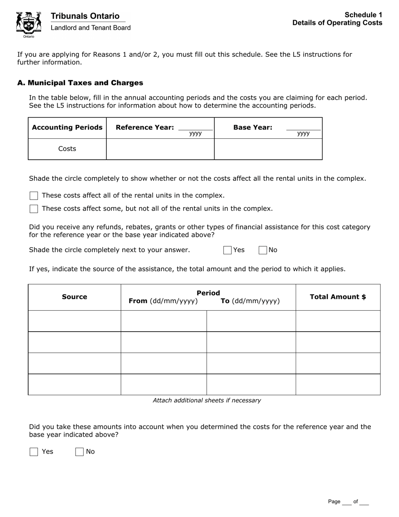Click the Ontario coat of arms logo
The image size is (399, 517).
[x=29, y=24]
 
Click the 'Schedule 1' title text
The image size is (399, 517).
[x=364, y=15]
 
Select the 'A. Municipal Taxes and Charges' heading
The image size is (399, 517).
[x=80, y=83]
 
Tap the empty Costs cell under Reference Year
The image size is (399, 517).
[x=160, y=149]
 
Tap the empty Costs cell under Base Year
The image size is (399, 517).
[x=268, y=149]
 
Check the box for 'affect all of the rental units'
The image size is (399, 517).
[x=34, y=196]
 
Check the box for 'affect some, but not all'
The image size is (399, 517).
[x=34, y=209]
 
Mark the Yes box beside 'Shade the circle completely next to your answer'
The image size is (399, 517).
[x=228, y=251]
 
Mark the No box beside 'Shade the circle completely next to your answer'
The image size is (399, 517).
[x=263, y=251]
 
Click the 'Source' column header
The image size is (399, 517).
[x=74, y=297]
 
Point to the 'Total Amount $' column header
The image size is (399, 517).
[x=338, y=297]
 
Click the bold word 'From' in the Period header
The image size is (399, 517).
[x=138, y=301]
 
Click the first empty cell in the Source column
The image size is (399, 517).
[x=74, y=321]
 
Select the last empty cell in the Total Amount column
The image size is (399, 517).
[x=338, y=385]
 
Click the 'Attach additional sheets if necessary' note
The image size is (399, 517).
[x=207, y=401]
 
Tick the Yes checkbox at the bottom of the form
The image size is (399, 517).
[x=34, y=452]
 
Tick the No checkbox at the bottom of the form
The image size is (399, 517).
[x=79, y=452]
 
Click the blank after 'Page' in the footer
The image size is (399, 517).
[x=346, y=502]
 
